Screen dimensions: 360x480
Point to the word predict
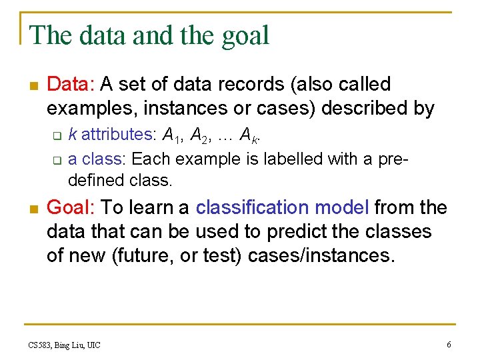297,232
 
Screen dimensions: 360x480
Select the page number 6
449,344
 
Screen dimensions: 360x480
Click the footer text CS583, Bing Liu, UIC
65,345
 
